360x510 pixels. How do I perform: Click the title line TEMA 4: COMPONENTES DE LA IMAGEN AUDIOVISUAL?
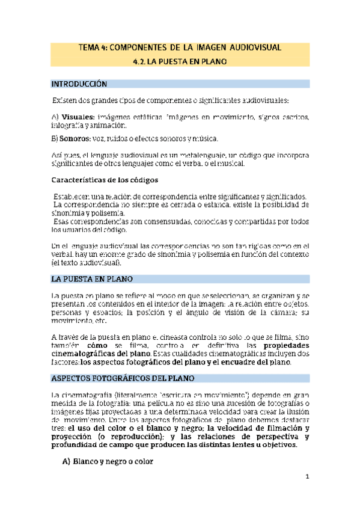point(180,47)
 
